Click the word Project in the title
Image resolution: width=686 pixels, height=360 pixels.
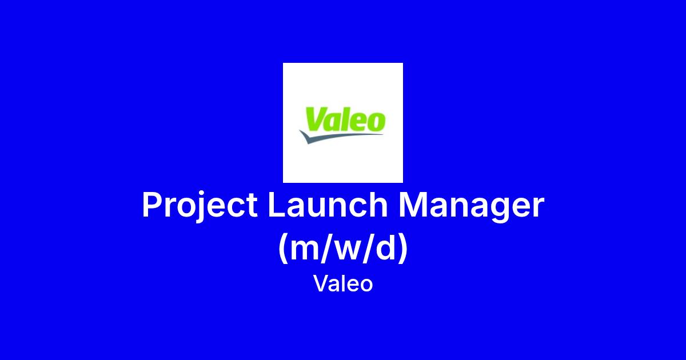click(200, 206)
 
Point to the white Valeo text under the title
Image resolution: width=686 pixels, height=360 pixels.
click(343, 283)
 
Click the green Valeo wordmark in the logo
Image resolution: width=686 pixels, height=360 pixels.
click(345, 119)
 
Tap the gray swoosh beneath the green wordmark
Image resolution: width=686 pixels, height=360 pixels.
click(340, 136)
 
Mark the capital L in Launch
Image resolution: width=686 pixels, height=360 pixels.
click(277, 205)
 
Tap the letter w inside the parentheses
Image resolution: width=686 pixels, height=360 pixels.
click(349, 250)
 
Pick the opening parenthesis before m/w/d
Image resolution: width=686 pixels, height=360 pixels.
click(284, 248)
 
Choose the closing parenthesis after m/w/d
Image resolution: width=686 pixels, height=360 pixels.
click(403, 248)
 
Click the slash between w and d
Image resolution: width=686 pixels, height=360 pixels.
click(370, 248)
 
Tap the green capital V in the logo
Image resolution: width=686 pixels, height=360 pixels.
click(316, 118)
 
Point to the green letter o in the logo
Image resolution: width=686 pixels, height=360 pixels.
click(377, 122)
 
